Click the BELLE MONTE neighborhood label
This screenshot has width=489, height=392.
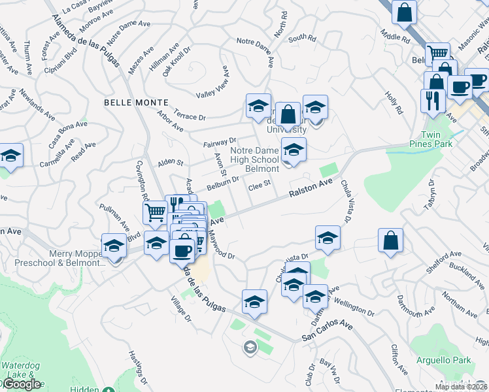point(136,103)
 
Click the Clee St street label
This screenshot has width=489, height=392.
point(259,186)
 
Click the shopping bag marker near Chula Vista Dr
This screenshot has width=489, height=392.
point(390,240)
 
